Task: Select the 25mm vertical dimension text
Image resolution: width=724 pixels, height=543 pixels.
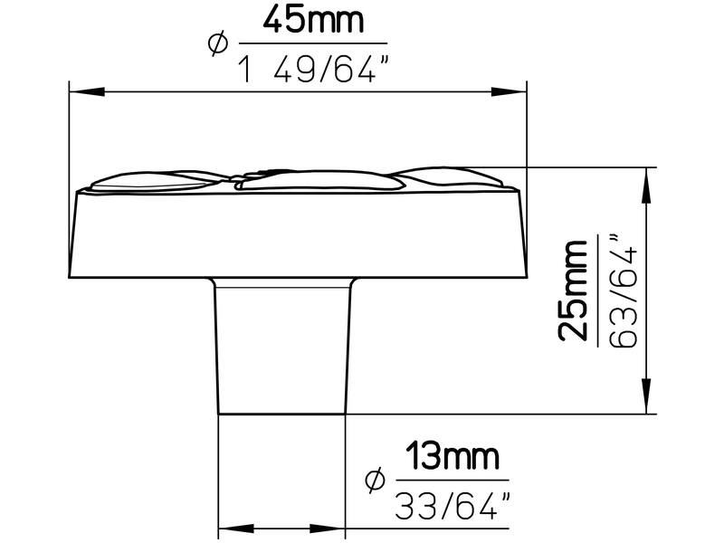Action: click(x=573, y=291)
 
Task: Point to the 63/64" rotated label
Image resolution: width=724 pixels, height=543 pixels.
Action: click(x=624, y=291)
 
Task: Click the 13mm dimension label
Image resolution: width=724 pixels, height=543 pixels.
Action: click(x=452, y=456)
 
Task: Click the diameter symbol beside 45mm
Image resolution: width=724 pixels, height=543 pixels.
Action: click(x=217, y=43)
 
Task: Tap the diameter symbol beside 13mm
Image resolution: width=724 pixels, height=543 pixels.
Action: click(x=375, y=480)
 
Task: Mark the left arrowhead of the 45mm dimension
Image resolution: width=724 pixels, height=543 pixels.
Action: click(x=87, y=91)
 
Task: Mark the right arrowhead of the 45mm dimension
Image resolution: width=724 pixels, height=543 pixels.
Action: click(x=509, y=91)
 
